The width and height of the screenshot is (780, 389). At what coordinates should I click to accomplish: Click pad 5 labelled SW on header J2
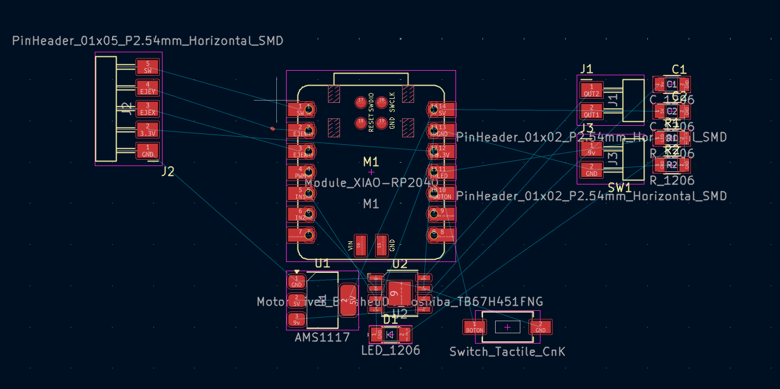(x=148, y=67)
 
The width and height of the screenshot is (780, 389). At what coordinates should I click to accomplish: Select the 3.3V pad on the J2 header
(x=148, y=130)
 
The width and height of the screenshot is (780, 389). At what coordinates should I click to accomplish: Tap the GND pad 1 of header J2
(x=148, y=151)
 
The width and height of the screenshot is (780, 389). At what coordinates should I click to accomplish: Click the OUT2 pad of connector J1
(x=592, y=90)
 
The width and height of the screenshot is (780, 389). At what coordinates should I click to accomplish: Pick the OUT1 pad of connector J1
(x=592, y=111)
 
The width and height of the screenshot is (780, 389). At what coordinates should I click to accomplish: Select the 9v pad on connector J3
(x=592, y=149)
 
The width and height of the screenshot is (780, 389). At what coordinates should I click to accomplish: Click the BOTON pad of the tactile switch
(x=474, y=327)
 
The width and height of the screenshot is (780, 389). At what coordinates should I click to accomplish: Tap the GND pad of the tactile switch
(x=540, y=327)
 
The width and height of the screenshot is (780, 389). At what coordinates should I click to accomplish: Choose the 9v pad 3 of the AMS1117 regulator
(x=296, y=319)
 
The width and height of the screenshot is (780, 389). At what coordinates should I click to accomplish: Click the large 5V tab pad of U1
(x=348, y=300)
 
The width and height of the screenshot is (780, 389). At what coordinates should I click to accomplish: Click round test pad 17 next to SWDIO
(x=361, y=102)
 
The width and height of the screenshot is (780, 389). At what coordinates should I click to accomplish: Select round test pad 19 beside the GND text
(x=381, y=122)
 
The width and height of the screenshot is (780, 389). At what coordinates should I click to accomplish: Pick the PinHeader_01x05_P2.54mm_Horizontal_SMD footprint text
(x=148, y=41)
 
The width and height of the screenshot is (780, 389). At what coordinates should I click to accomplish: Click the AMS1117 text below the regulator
(x=322, y=338)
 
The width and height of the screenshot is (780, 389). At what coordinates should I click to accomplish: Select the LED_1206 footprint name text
(x=391, y=350)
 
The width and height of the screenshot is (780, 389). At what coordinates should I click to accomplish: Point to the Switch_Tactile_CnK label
(x=507, y=352)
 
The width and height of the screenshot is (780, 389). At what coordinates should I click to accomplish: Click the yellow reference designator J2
(x=168, y=171)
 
